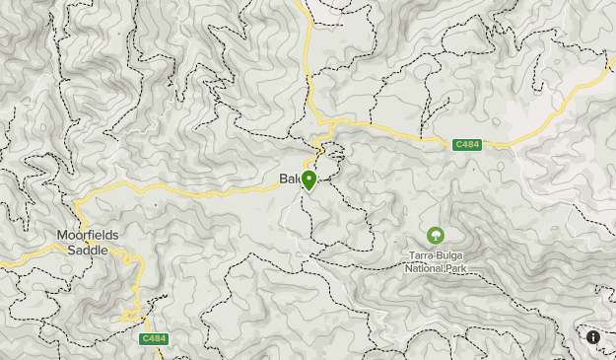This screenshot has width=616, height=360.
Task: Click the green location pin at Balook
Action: click(x=308, y=180)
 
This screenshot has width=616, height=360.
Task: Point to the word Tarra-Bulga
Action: click(x=435, y=255)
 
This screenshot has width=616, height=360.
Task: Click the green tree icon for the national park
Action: click(x=435, y=236)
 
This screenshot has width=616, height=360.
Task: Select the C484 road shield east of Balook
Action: click(x=467, y=145)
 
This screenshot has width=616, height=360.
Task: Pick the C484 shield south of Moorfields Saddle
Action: click(x=153, y=339)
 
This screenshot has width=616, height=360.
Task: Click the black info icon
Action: click(x=593, y=337)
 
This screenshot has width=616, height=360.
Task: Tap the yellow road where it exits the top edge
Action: click(x=304, y=3)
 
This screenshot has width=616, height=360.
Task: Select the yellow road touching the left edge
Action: click(x=3, y=263)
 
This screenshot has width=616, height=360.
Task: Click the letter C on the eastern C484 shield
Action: click(x=458, y=145)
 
